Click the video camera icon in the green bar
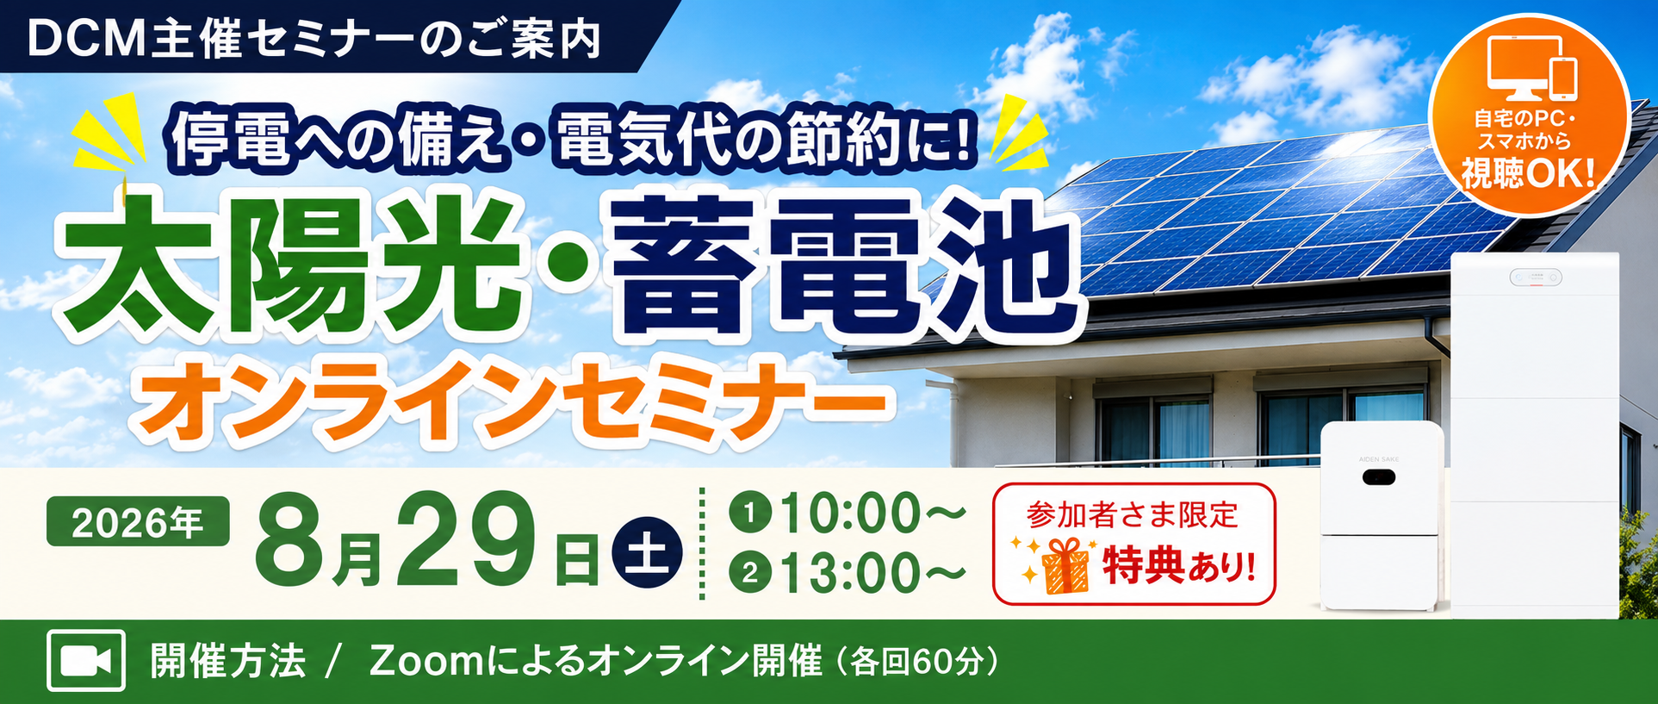click(x=86, y=660)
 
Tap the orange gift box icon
click(x=1065, y=565)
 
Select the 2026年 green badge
click(x=138, y=521)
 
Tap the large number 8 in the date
click(x=290, y=540)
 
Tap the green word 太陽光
click(x=289, y=267)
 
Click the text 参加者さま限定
click(x=1133, y=514)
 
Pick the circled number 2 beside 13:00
click(x=749, y=572)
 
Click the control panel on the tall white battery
click(x=1535, y=277)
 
